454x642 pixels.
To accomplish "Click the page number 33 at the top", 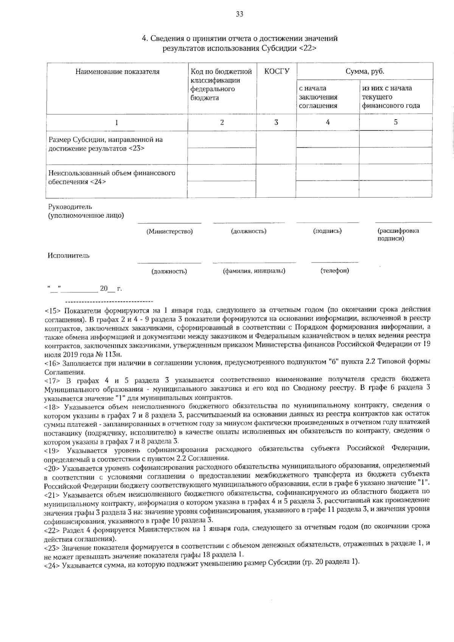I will coord(239,14).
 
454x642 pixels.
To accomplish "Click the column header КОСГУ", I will coord(277,71).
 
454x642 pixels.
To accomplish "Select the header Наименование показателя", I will coord(117,71).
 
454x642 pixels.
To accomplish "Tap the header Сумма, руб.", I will coord(365,71).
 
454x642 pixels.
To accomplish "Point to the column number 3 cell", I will coord(277,122).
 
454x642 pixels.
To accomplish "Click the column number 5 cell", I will coord(396,122).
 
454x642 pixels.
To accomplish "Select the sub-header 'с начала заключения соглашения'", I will coord(318,97).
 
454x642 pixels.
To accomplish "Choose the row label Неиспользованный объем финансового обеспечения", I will coord(112,177).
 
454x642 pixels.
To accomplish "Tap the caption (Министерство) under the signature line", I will coord(169,231).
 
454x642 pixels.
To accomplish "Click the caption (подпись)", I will coord(327,231).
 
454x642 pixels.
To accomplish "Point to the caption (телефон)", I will coord(334,270).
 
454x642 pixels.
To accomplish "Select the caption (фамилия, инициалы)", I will coord(254,270).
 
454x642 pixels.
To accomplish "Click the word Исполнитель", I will coord(68,255).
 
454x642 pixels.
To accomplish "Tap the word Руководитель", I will coord(70,207).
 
